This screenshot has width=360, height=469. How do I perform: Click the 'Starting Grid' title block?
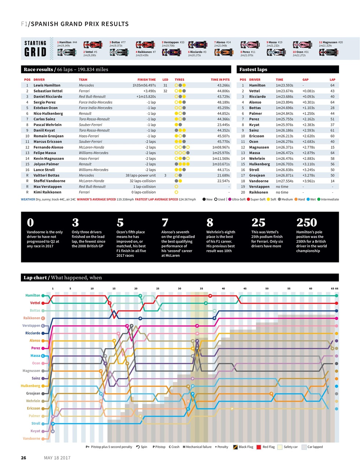click(35, 48)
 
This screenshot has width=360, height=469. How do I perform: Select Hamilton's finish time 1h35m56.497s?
click(144, 85)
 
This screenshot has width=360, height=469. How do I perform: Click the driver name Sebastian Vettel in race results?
click(48, 91)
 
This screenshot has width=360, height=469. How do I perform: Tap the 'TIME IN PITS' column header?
click(220, 80)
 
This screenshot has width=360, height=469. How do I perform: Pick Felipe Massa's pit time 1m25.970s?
click(221, 153)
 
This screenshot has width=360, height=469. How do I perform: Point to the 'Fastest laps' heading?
click(253, 70)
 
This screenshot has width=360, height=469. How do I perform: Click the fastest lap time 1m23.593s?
click(284, 85)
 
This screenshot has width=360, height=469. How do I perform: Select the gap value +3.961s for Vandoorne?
click(308, 181)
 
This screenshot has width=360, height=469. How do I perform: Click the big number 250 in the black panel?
click(306, 223)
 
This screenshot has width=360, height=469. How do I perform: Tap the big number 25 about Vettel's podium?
click(258, 223)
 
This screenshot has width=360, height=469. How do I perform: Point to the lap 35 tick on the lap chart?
click(201, 288)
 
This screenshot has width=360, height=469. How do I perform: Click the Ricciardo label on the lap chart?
click(33, 333)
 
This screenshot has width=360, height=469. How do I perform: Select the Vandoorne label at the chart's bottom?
click(32, 438)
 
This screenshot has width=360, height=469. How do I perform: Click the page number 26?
click(23, 458)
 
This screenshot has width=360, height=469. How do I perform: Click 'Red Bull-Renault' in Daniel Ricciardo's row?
click(92, 97)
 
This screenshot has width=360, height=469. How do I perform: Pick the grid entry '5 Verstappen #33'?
click(173, 43)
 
